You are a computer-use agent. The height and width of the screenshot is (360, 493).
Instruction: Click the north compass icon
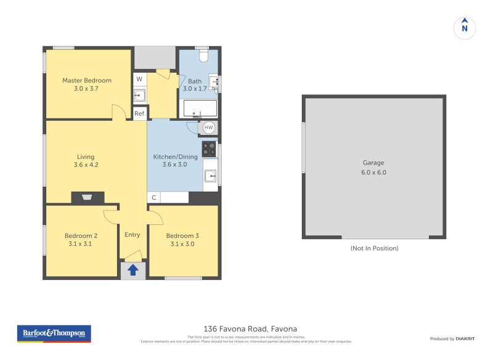[x=465, y=28]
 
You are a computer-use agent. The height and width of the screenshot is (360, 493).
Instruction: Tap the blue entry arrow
[x=132, y=269]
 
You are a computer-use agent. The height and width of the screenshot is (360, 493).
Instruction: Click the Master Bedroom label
[x=87, y=80]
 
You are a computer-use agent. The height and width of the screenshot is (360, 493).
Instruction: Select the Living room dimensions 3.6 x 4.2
[x=86, y=165]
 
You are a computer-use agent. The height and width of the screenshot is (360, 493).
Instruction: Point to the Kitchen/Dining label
[x=175, y=157]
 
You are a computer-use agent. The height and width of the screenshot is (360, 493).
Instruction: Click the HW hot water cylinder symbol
[x=209, y=128]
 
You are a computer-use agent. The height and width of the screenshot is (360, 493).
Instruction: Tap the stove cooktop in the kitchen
[x=210, y=149]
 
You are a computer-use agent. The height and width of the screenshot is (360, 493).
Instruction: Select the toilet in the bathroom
[x=204, y=56]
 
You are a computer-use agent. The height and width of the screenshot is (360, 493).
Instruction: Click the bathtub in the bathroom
[x=198, y=109]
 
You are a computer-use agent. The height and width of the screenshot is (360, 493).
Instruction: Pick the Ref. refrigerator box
[x=140, y=113]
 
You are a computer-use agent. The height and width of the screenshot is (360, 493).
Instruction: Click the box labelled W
[x=139, y=79]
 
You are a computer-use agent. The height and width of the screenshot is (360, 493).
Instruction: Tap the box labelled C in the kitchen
[x=153, y=198]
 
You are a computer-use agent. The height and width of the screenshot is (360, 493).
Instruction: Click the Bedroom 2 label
[x=81, y=235]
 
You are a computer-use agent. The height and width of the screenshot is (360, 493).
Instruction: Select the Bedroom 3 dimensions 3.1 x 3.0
[x=182, y=244]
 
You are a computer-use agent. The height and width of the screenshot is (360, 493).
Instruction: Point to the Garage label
[x=373, y=163]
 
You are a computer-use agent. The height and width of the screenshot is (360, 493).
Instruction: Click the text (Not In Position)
[x=374, y=248]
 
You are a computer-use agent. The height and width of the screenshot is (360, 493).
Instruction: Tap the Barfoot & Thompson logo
[x=54, y=333]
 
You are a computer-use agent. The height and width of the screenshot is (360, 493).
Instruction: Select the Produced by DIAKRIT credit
[x=452, y=338]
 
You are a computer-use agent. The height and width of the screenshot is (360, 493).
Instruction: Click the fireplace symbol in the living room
[x=88, y=198]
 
